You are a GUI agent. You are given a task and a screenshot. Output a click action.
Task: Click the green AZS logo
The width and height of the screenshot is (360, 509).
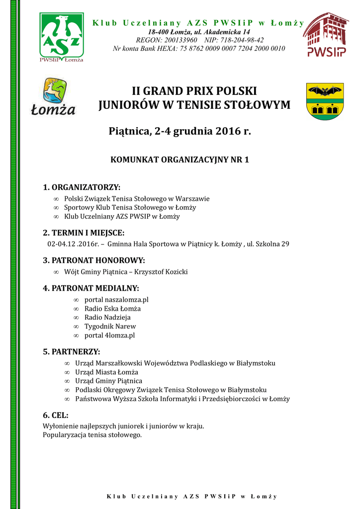(62, 38)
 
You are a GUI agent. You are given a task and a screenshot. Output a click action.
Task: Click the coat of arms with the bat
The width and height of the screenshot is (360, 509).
(325, 101)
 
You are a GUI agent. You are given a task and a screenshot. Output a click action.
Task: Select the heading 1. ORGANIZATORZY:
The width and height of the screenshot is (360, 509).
(82, 187)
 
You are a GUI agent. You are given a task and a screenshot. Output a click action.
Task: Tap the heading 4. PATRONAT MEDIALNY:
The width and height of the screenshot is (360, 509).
(91, 288)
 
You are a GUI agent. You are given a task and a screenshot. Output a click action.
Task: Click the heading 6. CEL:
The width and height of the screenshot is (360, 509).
(56, 415)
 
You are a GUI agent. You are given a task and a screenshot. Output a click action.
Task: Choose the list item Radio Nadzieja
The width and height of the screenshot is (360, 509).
(107, 317)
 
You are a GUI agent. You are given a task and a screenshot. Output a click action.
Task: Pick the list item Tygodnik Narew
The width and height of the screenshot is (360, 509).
(110, 326)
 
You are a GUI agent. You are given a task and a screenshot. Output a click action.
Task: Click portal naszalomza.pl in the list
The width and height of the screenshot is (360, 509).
(116, 299)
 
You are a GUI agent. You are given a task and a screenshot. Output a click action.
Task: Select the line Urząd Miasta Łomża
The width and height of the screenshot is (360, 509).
(106, 372)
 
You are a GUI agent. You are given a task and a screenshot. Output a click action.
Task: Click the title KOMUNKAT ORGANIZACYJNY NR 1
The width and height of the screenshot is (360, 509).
(179, 160)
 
